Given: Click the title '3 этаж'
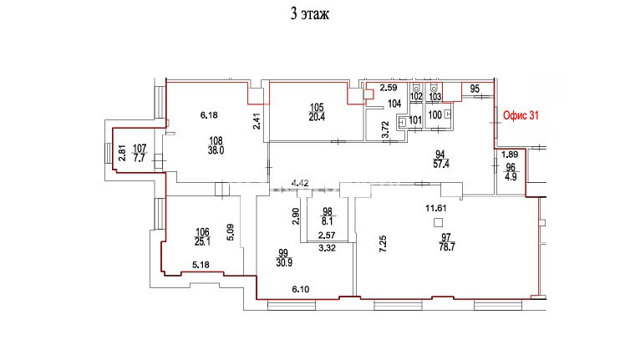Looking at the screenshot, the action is pyautogui.click(x=310, y=14).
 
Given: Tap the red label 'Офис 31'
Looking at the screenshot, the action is pyautogui.click(x=521, y=115).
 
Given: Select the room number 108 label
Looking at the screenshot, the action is pyautogui.click(x=216, y=140).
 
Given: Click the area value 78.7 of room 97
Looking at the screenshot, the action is pyautogui.click(x=447, y=247).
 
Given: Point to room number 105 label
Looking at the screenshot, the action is pyautogui.click(x=317, y=107).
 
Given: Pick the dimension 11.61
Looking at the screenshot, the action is pyautogui.click(x=436, y=208).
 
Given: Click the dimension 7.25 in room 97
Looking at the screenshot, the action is pyautogui.click(x=383, y=244).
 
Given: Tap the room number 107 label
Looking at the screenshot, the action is pyautogui.click(x=140, y=148).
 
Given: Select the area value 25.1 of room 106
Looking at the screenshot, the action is pyautogui.click(x=202, y=241).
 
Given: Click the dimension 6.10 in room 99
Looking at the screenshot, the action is pyautogui.click(x=301, y=289).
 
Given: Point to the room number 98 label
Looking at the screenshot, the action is pyautogui.click(x=328, y=212).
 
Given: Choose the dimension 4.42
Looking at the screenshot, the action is pyautogui.click(x=300, y=183).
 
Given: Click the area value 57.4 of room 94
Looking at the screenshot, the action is pyautogui.click(x=441, y=164).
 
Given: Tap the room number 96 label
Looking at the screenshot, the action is pyautogui.click(x=511, y=168).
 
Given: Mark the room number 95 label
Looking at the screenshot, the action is pyautogui.click(x=475, y=89).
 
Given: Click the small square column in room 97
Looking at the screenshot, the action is pyautogui.click(x=438, y=223).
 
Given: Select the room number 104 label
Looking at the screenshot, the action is pyautogui.click(x=394, y=104).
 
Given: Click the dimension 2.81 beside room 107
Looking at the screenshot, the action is pyautogui.click(x=123, y=154).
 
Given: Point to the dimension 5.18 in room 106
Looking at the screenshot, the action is pyautogui.click(x=201, y=265).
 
